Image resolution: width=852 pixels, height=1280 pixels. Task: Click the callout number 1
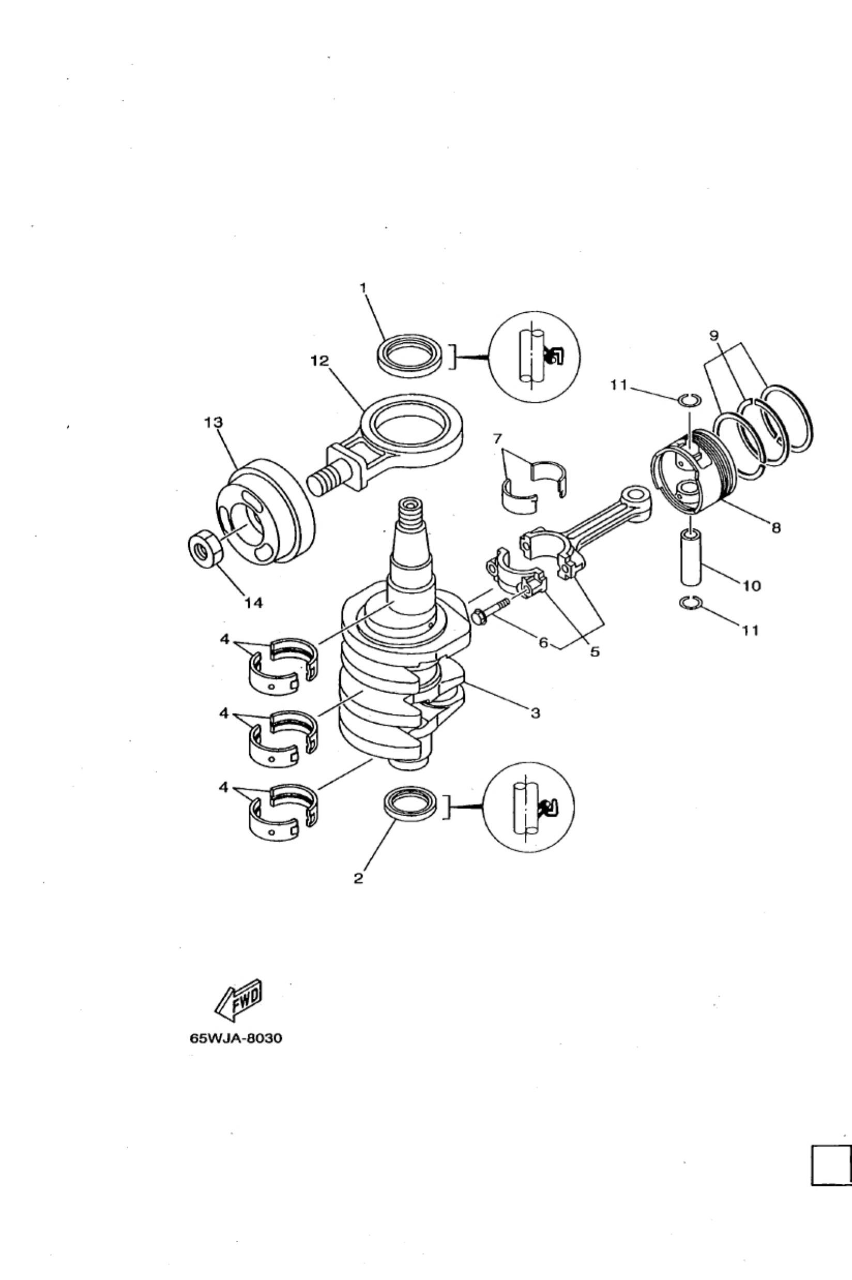pyautogui.click(x=364, y=288)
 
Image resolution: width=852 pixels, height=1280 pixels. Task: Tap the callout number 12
pyautogui.click(x=319, y=361)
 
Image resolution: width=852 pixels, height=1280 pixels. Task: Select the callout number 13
pyautogui.click(x=214, y=422)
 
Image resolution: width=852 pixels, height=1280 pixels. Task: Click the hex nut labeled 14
pyautogui.click(x=205, y=550)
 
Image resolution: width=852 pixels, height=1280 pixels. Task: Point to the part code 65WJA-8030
pyautogui.click(x=236, y=1038)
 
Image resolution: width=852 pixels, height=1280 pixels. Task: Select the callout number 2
pyautogui.click(x=358, y=878)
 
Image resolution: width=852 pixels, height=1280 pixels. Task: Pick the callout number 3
pyautogui.click(x=535, y=713)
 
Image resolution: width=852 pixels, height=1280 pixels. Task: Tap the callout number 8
pyautogui.click(x=777, y=527)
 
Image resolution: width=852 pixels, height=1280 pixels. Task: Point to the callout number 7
pyautogui.click(x=498, y=439)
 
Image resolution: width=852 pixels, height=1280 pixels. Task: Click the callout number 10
pyautogui.click(x=752, y=586)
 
